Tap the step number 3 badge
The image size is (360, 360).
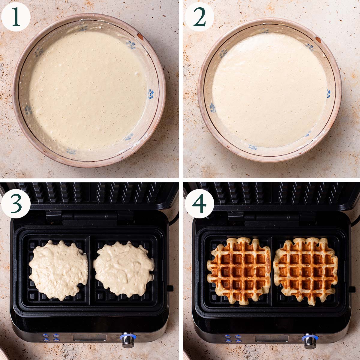(x=16, y=203)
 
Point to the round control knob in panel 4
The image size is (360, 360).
(x=309, y=340)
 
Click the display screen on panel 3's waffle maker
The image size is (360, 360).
(x=87, y=338)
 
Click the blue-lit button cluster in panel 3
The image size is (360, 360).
(x=51, y=338)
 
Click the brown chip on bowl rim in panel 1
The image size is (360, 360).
(x=140, y=36)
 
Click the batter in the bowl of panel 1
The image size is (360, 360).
(x=87, y=90)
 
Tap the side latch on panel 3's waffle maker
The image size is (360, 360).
(x=170, y=288)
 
